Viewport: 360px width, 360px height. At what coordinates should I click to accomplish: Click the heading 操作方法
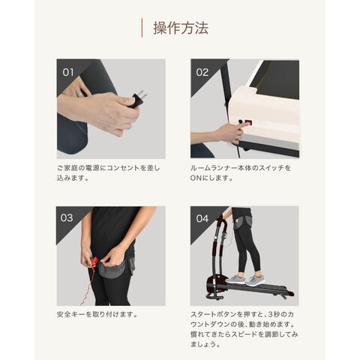pyautogui.click(x=181, y=28)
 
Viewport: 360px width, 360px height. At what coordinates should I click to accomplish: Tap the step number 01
pyautogui.click(x=68, y=73)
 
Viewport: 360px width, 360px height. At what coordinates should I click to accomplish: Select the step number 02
pyautogui.click(x=202, y=73)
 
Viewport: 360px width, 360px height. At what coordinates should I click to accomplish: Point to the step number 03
pyautogui.click(x=67, y=217)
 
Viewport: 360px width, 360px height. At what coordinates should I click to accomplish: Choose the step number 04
pyautogui.click(x=202, y=218)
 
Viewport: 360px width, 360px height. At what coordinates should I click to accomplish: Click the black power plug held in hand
pyautogui.click(x=137, y=99)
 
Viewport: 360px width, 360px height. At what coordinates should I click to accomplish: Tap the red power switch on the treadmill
pyautogui.click(x=248, y=122)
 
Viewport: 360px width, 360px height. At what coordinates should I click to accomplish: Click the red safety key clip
pyautogui.click(x=94, y=262)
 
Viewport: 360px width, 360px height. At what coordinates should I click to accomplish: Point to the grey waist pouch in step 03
pyautogui.click(x=112, y=268)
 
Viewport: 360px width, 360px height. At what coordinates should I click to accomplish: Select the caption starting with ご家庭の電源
pyautogui.click(x=108, y=172)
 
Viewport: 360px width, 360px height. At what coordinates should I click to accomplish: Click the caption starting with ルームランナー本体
pyautogui.click(x=241, y=172)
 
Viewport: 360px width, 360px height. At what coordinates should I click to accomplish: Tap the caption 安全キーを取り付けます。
pyautogui.click(x=97, y=314)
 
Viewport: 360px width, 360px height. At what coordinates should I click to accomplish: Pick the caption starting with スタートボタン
pyautogui.click(x=244, y=329)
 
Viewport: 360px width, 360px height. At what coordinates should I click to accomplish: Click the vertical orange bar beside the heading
pyautogui.click(x=142, y=28)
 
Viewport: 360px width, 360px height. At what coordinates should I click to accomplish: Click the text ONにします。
pyautogui.click(x=211, y=178)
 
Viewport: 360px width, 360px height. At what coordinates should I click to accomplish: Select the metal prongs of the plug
pyautogui.click(x=142, y=94)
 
